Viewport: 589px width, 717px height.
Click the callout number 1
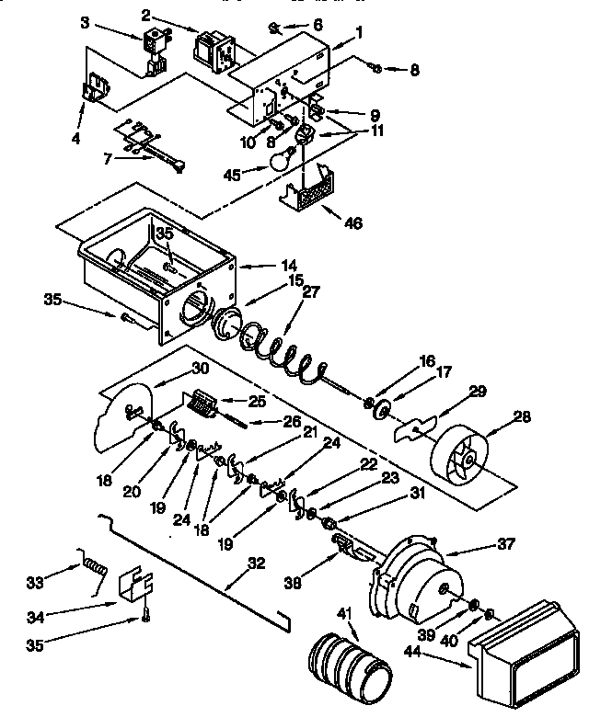tap(359, 30)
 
